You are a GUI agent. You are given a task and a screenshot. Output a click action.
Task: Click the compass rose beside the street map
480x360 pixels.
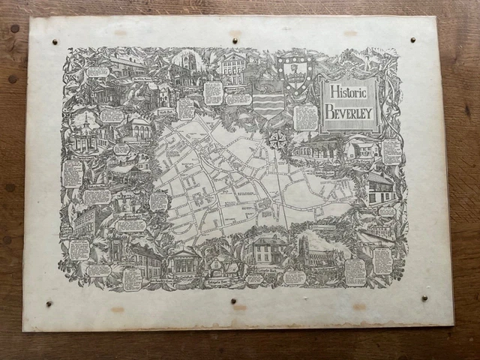[x=278, y=139]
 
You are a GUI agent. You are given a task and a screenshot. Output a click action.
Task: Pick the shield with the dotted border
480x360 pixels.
[x=293, y=73]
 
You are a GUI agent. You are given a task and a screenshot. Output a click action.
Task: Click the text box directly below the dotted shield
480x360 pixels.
[x=306, y=117]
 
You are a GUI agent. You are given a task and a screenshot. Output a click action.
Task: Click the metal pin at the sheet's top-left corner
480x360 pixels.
[x=55, y=42]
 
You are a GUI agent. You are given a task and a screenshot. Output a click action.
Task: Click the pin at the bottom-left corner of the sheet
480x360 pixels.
[x=49, y=304]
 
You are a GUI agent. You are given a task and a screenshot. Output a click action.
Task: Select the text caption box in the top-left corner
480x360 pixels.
[x=97, y=72]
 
